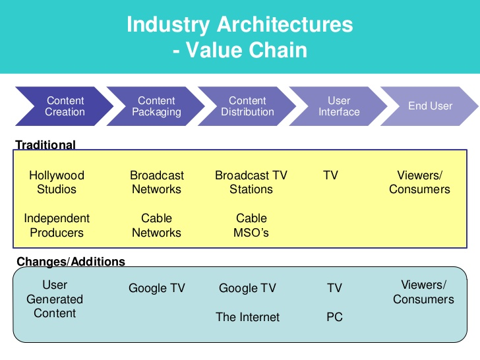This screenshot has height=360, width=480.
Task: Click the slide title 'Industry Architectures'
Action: click(239, 25)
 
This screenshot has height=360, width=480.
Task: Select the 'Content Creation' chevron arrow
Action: click(65, 106)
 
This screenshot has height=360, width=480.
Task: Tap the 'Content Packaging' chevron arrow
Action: click(156, 106)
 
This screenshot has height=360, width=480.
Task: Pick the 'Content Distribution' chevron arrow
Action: click(247, 106)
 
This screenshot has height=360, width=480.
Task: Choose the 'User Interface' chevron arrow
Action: click(339, 106)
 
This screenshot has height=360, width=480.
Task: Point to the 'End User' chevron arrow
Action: click(430, 106)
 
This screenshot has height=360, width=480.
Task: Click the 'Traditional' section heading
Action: click(45, 144)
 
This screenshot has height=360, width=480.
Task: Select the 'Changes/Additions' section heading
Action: click(71, 262)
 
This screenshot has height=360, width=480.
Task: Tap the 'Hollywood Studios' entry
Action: click(57, 183)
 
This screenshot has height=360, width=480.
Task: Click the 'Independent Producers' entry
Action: click(57, 225)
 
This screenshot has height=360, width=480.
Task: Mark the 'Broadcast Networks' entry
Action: click(157, 183)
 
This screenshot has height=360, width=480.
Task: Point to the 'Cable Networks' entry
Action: click(157, 225)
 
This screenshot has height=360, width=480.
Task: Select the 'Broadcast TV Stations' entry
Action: click(251, 183)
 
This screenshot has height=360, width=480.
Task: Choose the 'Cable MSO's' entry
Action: click(252, 225)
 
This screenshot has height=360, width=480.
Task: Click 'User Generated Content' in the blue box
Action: click(55, 299)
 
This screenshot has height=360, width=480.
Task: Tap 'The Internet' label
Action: click(248, 317)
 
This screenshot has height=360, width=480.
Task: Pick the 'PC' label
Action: click(334, 317)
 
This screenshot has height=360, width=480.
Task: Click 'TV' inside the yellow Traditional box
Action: click(331, 175)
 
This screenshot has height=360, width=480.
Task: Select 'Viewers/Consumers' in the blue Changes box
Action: click(423, 292)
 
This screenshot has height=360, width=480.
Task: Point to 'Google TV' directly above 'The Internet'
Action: click(247, 288)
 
